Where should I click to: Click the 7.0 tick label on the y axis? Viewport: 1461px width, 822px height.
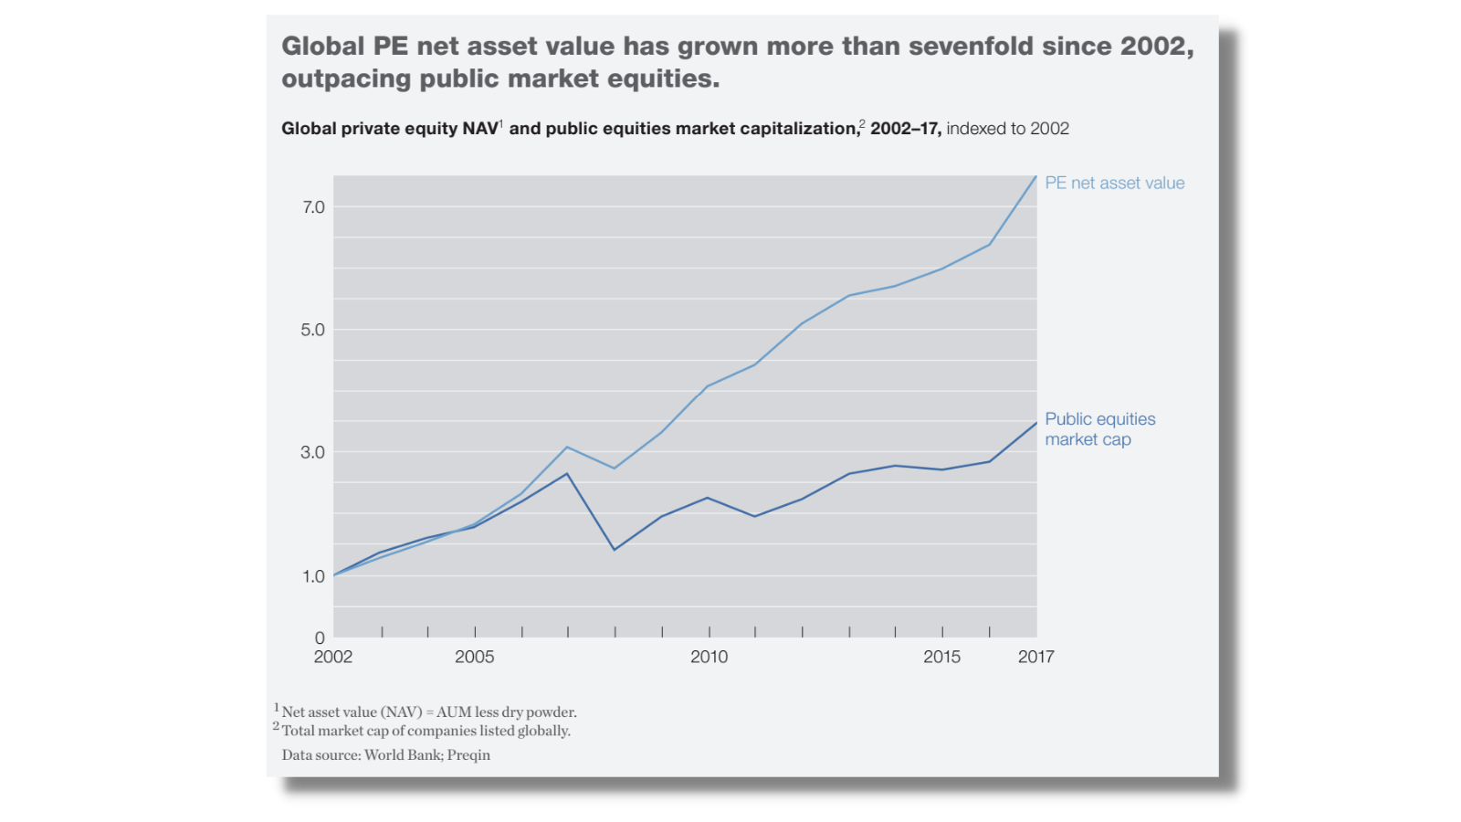[x=313, y=207]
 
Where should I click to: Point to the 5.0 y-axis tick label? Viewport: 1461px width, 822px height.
[x=313, y=330]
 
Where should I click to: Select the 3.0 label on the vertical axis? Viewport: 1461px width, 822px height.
[x=313, y=452]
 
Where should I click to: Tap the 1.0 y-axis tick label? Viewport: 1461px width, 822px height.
[x=313, y=576]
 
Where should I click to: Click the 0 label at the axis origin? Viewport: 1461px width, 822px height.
[x=320, y=638]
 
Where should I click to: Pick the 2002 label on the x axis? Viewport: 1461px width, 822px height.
[x=333, y=657]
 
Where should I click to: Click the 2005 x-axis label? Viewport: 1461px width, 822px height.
[x=475, y=657]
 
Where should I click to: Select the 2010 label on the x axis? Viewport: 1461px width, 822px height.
[x=709, y=657]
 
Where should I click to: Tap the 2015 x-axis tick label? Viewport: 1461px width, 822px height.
[x=941, y=657]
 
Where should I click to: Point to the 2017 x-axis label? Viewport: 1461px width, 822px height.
[x=1036, y=657]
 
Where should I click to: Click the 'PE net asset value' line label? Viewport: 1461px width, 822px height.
[x=1115, y=183]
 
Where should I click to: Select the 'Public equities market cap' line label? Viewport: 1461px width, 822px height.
[x=1099, y=429]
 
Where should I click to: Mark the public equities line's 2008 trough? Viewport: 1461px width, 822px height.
[x=615, y=549]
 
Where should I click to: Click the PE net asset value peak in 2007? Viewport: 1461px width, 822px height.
[x=567, y=447]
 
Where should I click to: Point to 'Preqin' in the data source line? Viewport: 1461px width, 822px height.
[x=468, y=755]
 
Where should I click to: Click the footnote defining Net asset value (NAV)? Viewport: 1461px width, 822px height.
[x=428, y=711]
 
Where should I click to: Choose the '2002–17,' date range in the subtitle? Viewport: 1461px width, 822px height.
[x=905, y=129]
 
